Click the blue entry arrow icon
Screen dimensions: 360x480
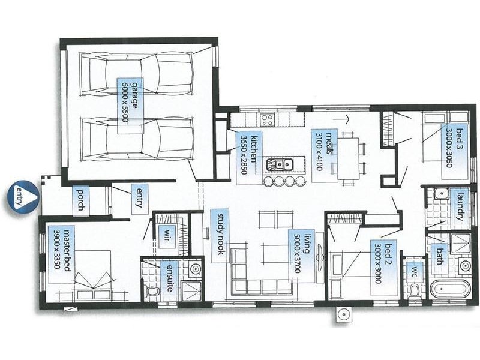pyautogui.click(x=22, y=196)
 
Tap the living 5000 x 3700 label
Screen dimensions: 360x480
pyautogui.click(x=298, y=253)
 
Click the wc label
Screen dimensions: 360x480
pyautogui.click(x=413, y=271)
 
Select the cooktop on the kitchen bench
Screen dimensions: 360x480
pyautogui.click(x=267, y=118)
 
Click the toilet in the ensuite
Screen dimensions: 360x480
pyautogui.click(x=154, y=292)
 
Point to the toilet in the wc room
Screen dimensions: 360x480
pyautogui.click(x=413, y=292)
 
